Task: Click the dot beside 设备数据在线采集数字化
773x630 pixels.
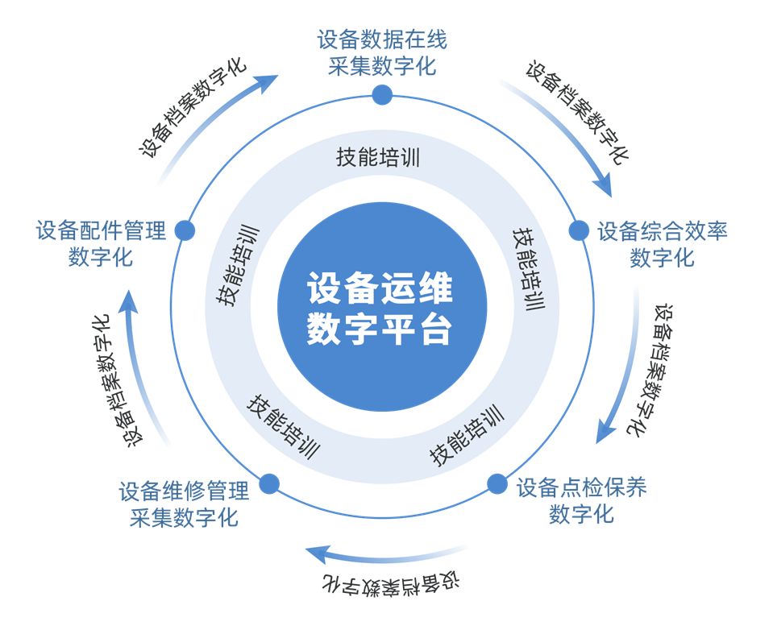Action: click(382, 95)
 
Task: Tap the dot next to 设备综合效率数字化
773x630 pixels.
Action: click(579, 230)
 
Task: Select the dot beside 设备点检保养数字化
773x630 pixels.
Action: click(497, 484)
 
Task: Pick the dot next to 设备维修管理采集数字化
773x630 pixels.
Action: click(269, 484)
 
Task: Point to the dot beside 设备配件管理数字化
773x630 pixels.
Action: click(185, 230)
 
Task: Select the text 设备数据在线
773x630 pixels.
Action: click(382, 39)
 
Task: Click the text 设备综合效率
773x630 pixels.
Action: click(662, 231)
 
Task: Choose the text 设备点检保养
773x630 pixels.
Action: click(581, 487)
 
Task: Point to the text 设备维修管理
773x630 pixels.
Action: click(184, 490)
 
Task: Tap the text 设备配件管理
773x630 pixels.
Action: click(101, 231)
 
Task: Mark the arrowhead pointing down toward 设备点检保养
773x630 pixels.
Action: click(604, 433)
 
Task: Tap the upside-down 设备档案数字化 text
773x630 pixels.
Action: click(391, 582)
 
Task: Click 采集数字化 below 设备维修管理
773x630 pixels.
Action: click(184, 516)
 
